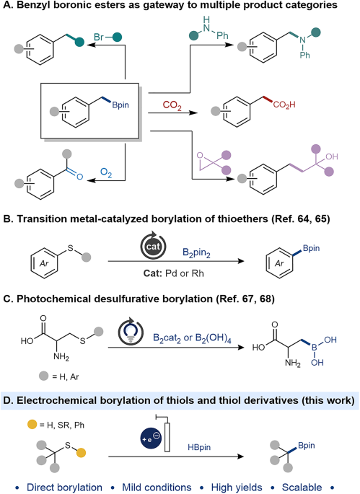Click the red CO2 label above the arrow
coord(172,105)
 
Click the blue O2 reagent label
coord(106,173)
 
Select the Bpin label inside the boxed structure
coord(120,105)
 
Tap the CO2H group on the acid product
coord(284,105)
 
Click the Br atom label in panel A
coord(99,38)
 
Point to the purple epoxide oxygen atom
coord(200,155)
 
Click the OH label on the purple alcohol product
coord(332,156)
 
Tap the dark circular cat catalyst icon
coord(153,246)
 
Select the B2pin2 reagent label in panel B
coord(196,253)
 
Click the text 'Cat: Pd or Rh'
coord(174,273)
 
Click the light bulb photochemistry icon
coord(131,332)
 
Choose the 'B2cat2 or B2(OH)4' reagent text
coord(192,338)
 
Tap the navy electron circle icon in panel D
coord(151,438)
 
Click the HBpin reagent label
coord(199,447)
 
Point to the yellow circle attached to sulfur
coord(81,453)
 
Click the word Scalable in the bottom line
coord(302,487)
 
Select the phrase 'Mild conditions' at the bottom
coord(157,487)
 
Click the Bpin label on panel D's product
coord(307,446)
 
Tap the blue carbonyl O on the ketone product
coord(79,177)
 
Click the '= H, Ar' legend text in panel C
coord(65,376)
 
